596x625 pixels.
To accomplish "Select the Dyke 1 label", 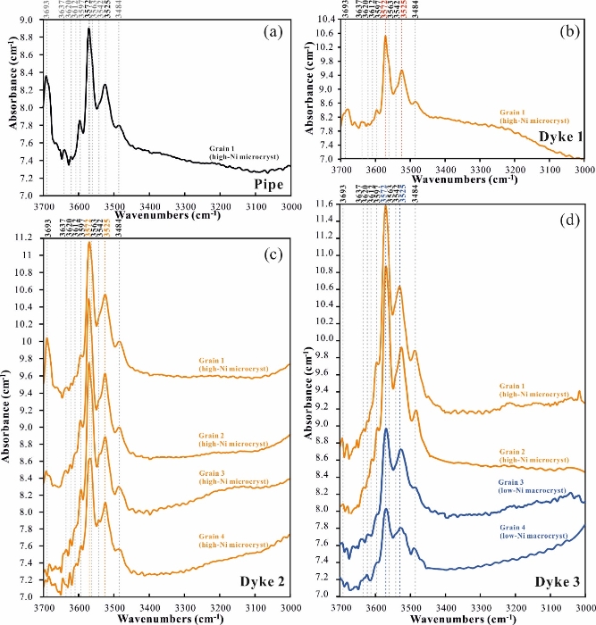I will pos(557,137).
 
